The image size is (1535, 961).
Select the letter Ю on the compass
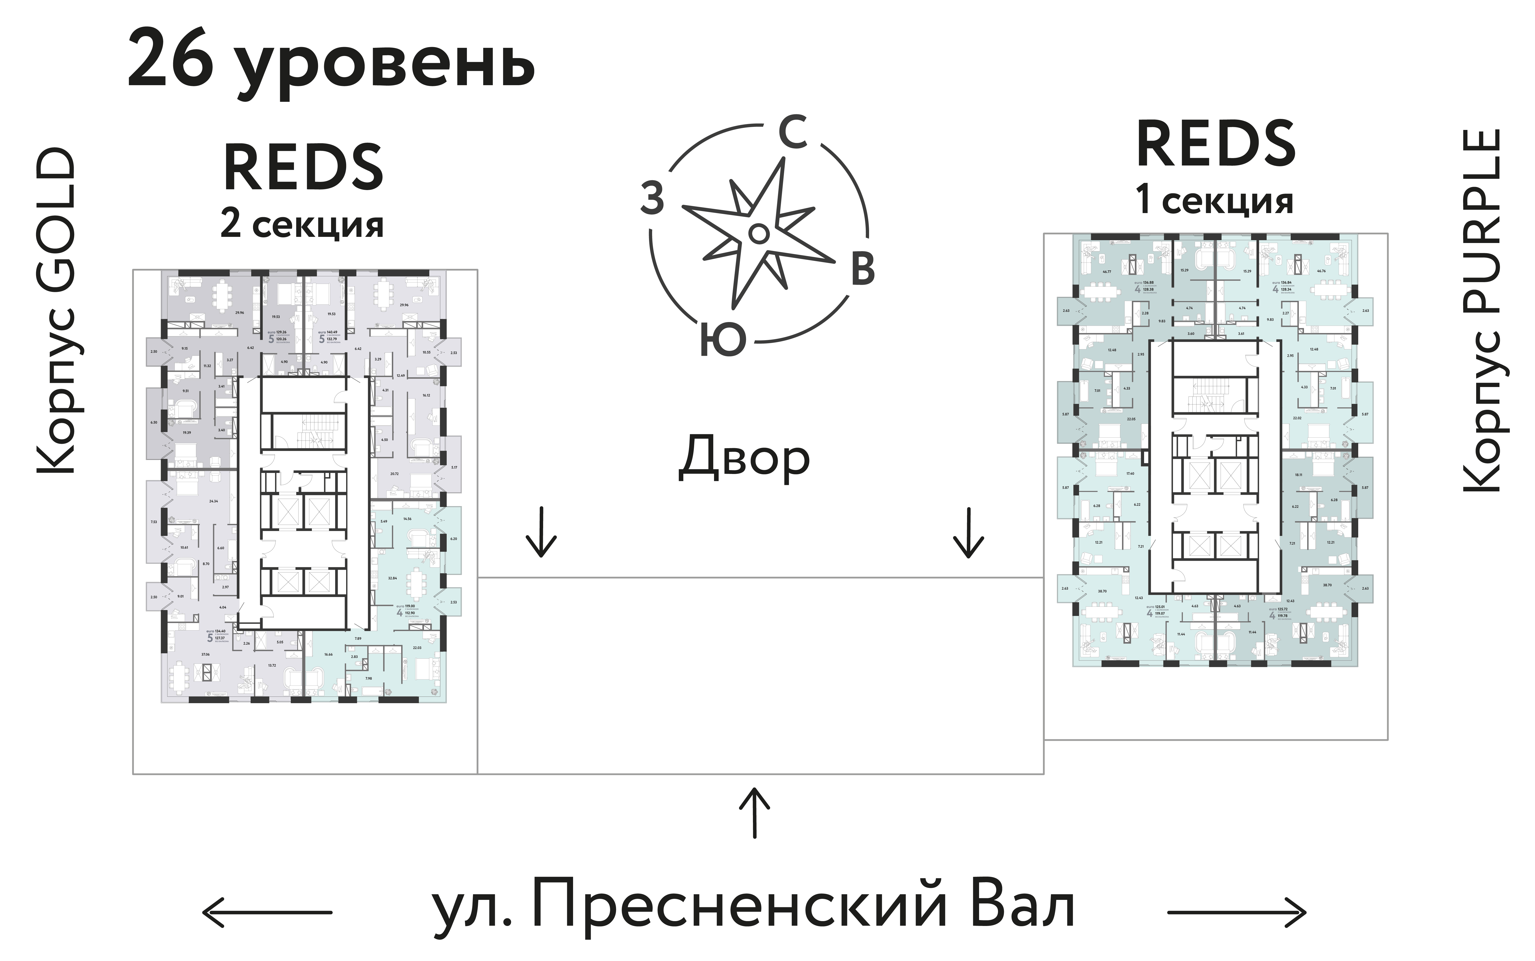[x=723, y=340]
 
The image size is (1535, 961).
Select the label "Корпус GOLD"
[x=56, y=312]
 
